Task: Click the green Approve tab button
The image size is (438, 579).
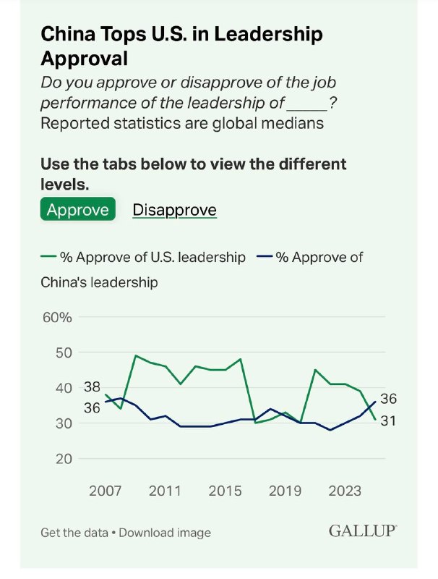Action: tap(77, 210)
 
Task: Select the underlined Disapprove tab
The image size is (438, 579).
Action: tap(174, 210)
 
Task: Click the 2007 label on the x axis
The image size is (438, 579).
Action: tap(106, 491)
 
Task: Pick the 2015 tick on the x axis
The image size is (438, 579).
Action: tap(225, 491)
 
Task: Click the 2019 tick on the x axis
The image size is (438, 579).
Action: tap(285, 491)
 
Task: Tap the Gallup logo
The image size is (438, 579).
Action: tap(363, 531)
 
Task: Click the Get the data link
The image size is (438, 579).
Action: tap(74, 533)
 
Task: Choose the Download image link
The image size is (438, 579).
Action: tap(165, 533)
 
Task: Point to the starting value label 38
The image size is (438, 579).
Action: tap(92, 386)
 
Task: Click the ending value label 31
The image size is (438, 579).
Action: tap(388, 420)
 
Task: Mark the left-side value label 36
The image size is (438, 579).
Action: tap(92, 407)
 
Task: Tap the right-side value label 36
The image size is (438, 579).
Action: tap(388, 399)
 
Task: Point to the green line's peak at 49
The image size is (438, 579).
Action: tap(136, 355)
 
